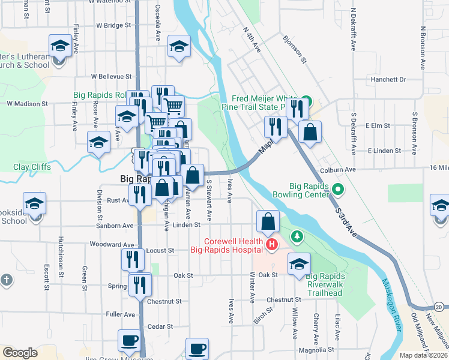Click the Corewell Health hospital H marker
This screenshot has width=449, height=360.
pos(271,245)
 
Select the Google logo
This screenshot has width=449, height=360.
pos(20,352)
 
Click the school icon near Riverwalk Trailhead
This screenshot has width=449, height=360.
pos(299,263)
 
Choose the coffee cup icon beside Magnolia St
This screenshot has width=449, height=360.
pos(197,348)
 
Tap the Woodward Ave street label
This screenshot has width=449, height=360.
pos(112,245)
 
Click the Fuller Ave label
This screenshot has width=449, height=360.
pos(121,314)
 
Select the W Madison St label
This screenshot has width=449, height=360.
pos(27,103)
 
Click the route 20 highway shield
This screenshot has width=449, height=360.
pos(439,307)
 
